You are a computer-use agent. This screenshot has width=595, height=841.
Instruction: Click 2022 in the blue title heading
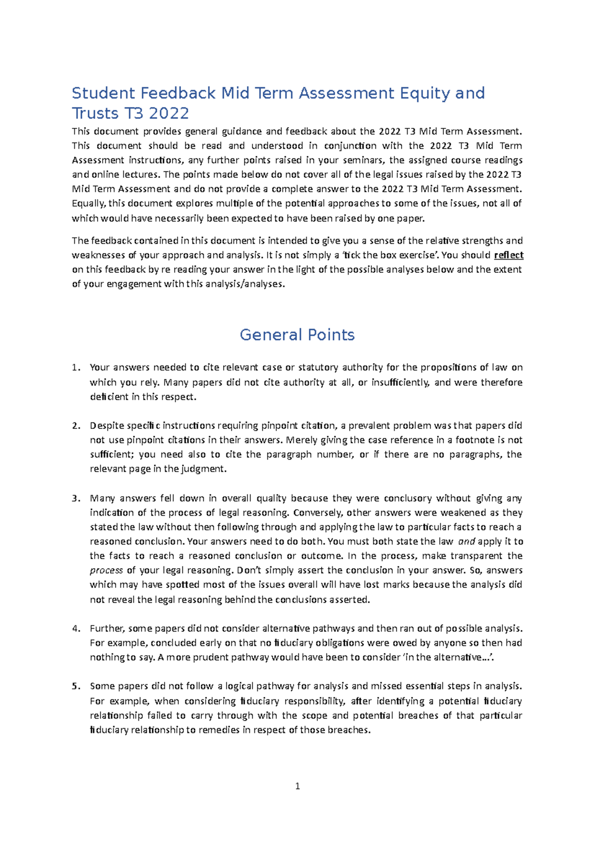point(169,114)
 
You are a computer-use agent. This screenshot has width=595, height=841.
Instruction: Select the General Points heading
point(297,335)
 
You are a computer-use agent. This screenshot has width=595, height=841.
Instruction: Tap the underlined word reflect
point(509,255)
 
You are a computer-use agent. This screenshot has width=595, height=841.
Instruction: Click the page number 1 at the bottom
point(297,786)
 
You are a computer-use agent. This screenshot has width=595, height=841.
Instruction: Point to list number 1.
point(75,368)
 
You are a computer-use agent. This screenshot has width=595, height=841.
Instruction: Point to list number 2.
point(75,425)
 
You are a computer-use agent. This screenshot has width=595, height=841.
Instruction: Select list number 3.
point(75,498)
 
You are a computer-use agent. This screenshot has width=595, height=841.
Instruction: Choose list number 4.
point(75,629)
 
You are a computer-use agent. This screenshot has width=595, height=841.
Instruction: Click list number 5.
point(75,686)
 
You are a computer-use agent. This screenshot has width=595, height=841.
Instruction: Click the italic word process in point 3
point(106,571)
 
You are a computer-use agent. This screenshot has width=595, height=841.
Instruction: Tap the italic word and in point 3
point(467,541)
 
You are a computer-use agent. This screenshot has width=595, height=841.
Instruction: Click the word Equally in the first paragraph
point(88,204)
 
